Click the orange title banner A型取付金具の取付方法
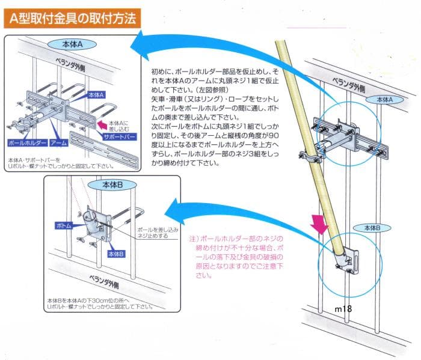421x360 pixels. click(x=73, y=19)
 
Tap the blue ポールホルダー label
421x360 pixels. click(x=27, y=144)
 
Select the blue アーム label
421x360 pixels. click(x=58, y=144)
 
